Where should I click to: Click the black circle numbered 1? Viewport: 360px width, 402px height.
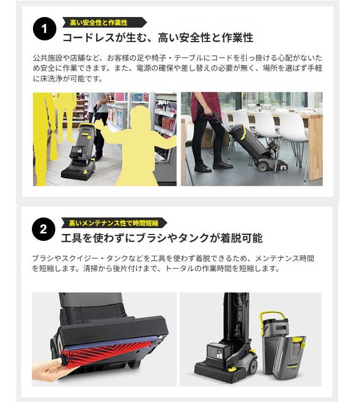coord(44,29)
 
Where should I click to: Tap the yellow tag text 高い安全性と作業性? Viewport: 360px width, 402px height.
coord(99,22)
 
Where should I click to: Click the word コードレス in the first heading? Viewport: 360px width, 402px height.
coord(86,38)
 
